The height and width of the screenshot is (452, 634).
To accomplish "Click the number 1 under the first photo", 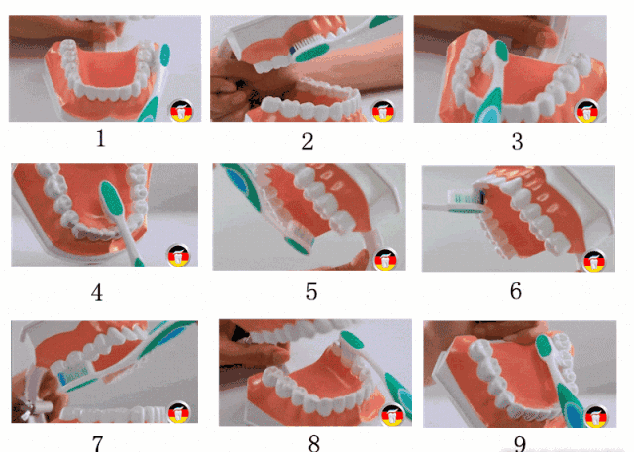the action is pos(101,139).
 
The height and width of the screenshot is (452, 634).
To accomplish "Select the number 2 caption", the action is pos(307,141).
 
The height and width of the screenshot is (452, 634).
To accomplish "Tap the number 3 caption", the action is pos(517,141).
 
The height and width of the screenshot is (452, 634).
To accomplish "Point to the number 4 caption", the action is pos(97,292).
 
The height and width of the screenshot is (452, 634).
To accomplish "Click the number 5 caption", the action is pos(311,291).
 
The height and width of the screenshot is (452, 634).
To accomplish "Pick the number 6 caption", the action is pos(516,291).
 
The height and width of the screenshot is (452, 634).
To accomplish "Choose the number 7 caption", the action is pos(97,443).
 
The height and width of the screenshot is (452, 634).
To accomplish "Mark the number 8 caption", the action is pos(314,443).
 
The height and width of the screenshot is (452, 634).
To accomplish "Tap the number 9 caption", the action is pos(520,444).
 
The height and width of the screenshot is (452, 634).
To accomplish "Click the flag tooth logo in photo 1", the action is pos(181,110).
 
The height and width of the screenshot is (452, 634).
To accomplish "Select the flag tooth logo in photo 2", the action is pos(383,111).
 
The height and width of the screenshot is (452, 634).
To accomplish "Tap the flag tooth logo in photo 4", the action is pos(178,256).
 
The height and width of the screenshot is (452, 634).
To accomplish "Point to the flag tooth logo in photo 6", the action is pos(594,261).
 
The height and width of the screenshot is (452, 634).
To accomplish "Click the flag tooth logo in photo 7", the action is pos(179,412).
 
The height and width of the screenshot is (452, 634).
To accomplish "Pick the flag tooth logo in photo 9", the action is pos(596,417).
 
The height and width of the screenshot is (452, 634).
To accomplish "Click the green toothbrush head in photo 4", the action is pos(112,198).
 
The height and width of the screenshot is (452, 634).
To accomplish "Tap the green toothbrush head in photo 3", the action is pos(501,51).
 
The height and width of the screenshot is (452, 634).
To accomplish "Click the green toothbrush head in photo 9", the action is pos(544,346).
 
